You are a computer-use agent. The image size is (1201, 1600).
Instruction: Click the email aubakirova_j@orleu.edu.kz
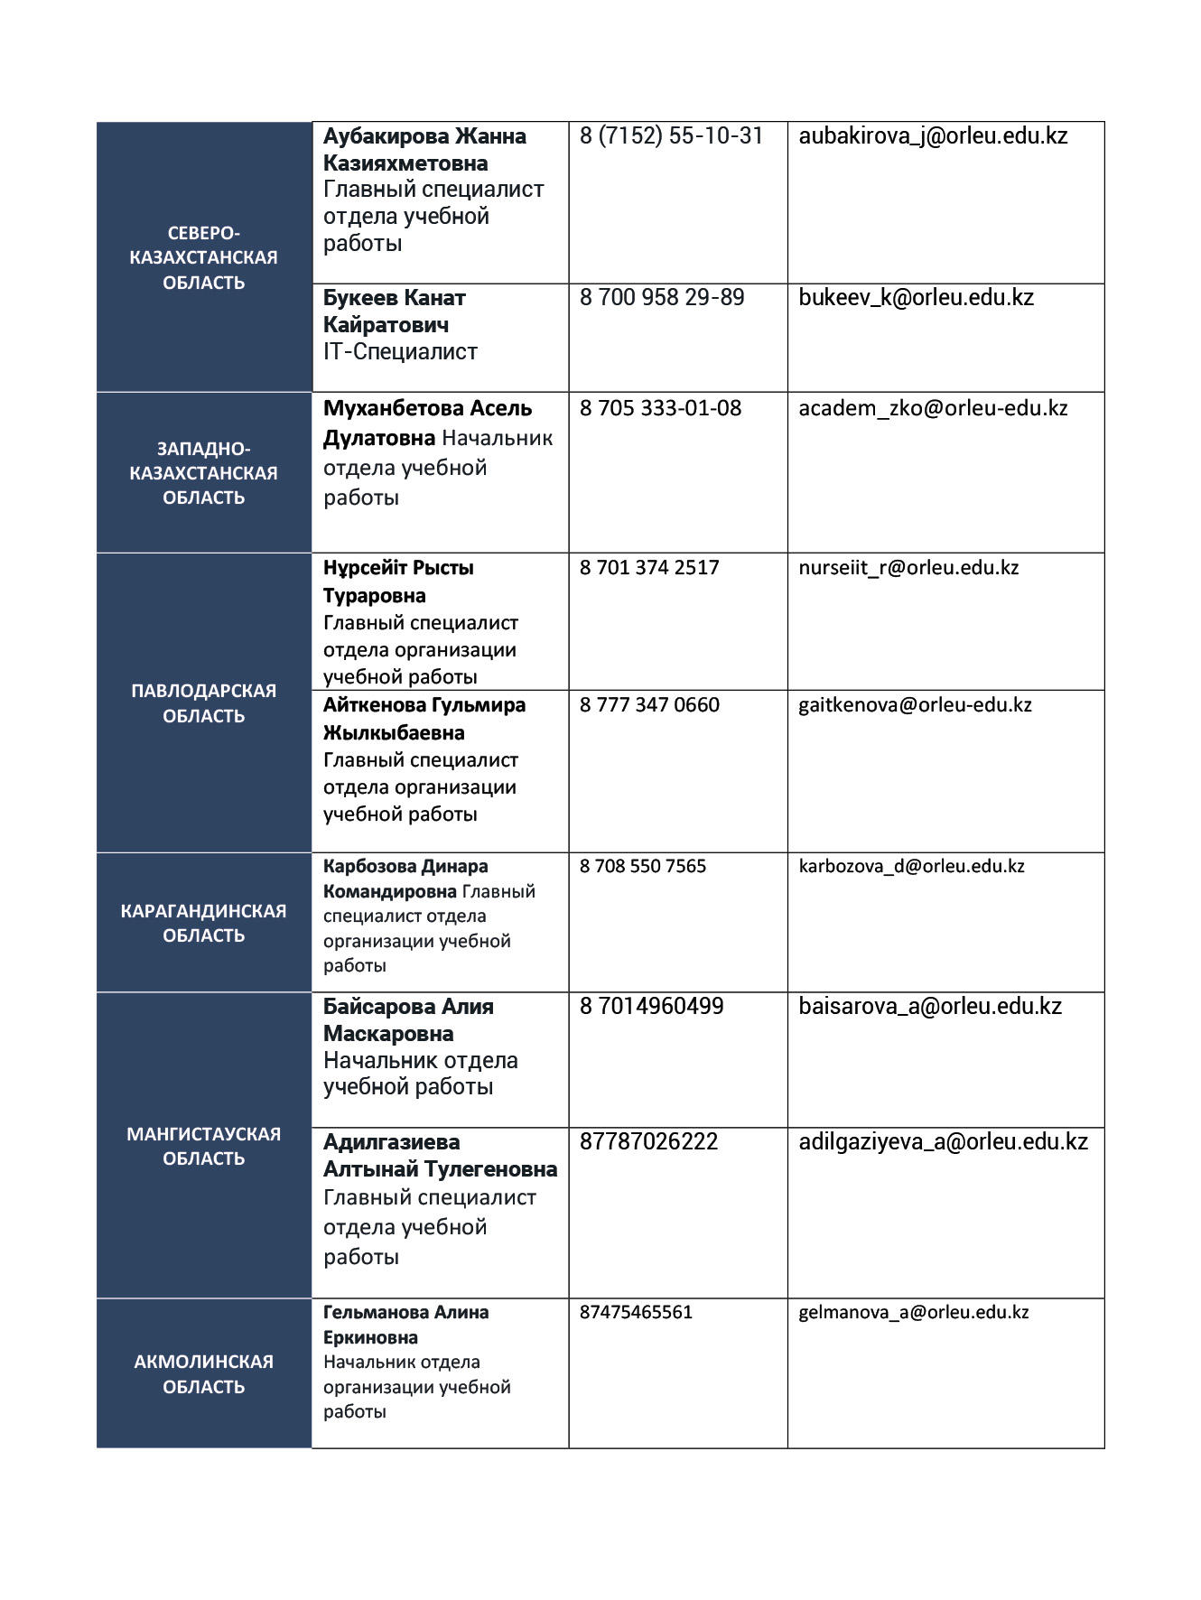(933, 136)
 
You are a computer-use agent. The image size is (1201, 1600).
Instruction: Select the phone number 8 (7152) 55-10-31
(671, 136)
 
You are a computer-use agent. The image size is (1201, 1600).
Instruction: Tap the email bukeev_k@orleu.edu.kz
(916, 298)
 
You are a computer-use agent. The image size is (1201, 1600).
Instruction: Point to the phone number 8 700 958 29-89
(662, 298)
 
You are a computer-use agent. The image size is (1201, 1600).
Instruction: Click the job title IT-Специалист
(400, 352)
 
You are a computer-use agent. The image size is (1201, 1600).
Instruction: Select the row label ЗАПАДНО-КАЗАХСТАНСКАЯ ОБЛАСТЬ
(204, 473)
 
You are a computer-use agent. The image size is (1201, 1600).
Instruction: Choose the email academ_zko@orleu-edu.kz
(933, 409)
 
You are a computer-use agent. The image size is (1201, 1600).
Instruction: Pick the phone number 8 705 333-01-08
(660, 409)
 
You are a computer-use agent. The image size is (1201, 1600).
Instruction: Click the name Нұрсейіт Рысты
(398, 568)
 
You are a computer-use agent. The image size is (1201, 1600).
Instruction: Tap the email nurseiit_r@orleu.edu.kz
(908, 568)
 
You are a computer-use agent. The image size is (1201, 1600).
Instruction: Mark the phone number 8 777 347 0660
(649, 705)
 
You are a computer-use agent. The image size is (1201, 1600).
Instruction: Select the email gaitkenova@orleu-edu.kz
(915, 705)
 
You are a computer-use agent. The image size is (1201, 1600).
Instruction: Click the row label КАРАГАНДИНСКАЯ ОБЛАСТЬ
(204, 923)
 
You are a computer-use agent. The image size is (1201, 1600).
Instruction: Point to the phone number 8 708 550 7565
(643, 867)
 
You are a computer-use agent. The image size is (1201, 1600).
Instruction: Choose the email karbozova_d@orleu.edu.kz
(911, 867)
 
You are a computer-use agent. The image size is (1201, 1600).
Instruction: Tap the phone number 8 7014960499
(651, 1007)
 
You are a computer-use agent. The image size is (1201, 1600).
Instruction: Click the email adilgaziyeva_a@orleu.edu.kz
(943, 1142)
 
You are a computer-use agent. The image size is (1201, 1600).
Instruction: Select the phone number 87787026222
(648, 1142)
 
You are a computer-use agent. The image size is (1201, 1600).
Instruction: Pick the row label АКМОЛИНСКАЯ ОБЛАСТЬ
(204, 1373)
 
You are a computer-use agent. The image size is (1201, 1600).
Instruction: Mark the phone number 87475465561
(636, 1313)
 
